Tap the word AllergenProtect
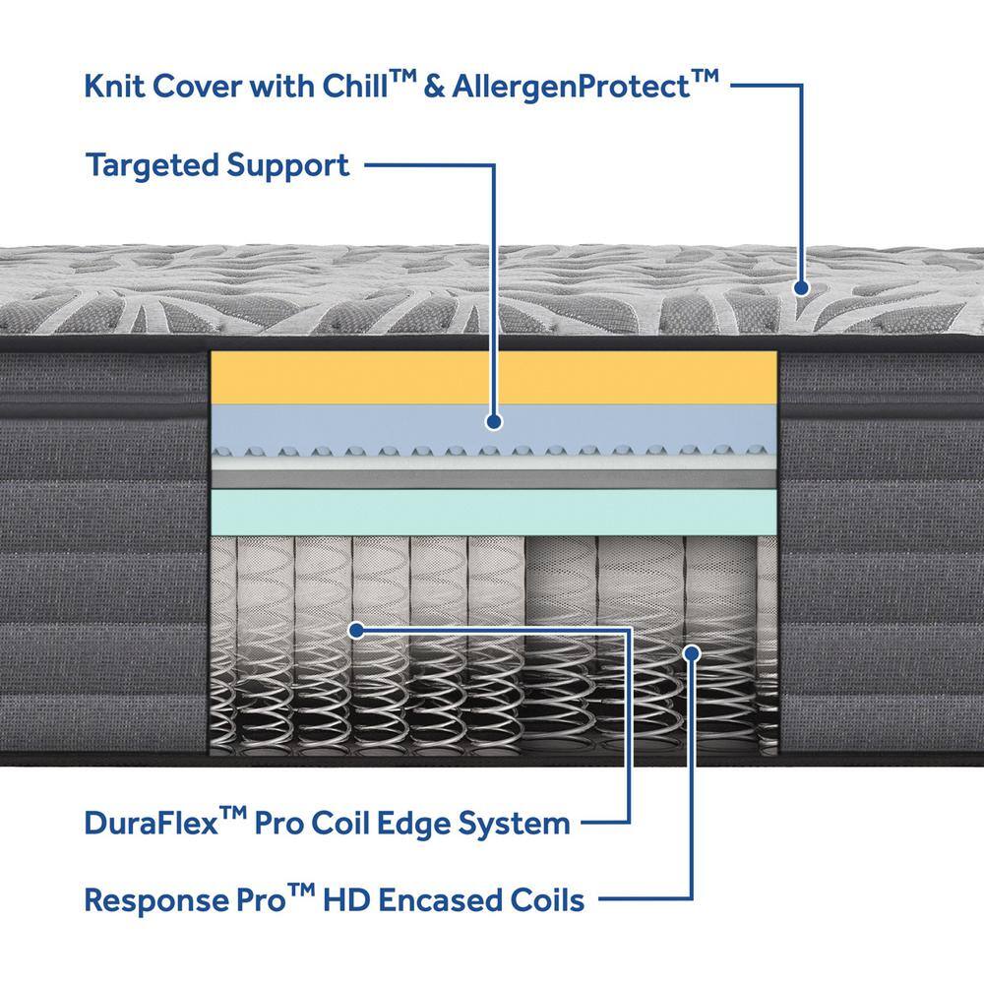571,87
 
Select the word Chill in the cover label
355,86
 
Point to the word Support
287,166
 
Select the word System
514,824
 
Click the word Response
154,901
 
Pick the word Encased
439,900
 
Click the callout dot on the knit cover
801,288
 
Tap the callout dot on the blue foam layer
494,421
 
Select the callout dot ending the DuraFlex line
356,630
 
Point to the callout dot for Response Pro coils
692,654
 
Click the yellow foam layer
493,377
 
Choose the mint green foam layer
493,512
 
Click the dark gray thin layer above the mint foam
493,479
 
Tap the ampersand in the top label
433,86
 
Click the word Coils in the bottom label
546,900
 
